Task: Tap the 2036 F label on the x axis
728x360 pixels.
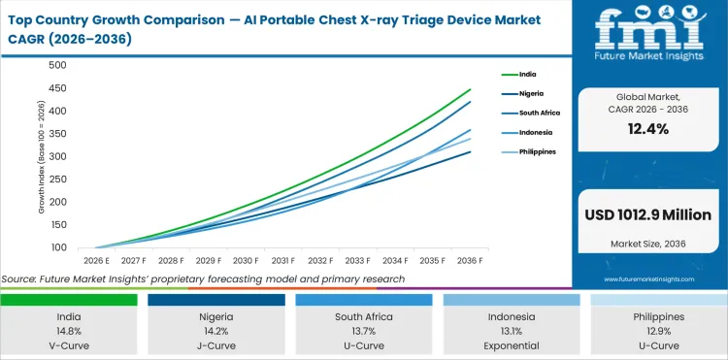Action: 470,261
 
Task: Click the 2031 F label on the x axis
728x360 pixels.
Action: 282,261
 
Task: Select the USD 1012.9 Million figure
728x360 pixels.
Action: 648,214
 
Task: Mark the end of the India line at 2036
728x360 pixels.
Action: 470,88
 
